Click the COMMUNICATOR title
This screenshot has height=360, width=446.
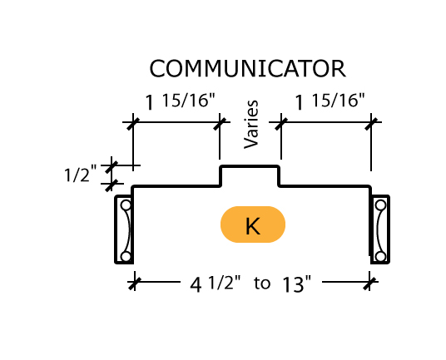[x=247, y=68]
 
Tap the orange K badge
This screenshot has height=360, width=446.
[x=253, y=224]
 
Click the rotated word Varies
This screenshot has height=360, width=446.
[x=251, y=124]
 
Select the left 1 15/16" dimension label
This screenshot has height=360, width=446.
[x=181, y=101]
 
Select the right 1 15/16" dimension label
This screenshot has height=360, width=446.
[x=330, y=101]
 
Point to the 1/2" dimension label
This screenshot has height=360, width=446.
[x=81, y=175]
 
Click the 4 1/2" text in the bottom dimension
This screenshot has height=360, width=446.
[x=216, y=284]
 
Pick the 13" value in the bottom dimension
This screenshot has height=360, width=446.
[x=297, y=284]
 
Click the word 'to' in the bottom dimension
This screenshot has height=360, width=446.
[x=262, y=284]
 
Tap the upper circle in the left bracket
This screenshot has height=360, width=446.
[x=126, y=205]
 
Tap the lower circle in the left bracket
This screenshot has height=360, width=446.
[x=126, y=257]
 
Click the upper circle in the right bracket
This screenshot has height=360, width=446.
[x=380, y=205]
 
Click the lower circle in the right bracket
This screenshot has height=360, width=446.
[x=380, y=257]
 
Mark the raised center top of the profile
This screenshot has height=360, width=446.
[x=250, y=166]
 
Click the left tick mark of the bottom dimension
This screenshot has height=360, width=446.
[x=134, y=283]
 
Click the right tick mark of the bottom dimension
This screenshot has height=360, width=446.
[x=369, y=283]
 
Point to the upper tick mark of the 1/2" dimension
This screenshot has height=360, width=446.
[x=111, y=165]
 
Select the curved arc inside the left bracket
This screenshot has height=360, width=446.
[x=129, y=231]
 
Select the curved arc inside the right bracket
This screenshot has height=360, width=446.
[x=378, y=231]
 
